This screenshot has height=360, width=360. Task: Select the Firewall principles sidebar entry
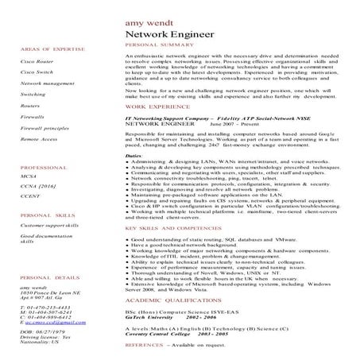point(45,127)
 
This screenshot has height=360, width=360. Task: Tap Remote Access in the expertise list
point(40,138)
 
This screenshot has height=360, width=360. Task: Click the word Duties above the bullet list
point(134,157)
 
